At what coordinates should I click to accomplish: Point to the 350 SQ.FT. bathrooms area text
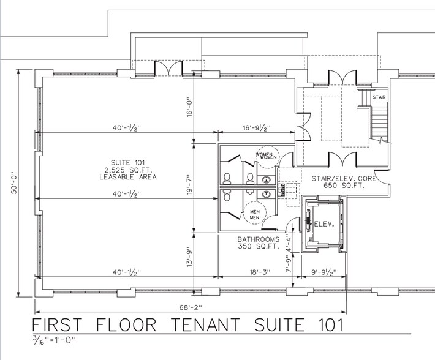tap(258, 247)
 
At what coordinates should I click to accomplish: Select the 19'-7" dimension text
tap(191, 185)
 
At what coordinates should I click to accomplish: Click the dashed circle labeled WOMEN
tap(267, 156)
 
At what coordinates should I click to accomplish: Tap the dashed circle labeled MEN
tap(253, 215)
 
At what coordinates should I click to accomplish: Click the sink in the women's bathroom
tap(266, 179)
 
